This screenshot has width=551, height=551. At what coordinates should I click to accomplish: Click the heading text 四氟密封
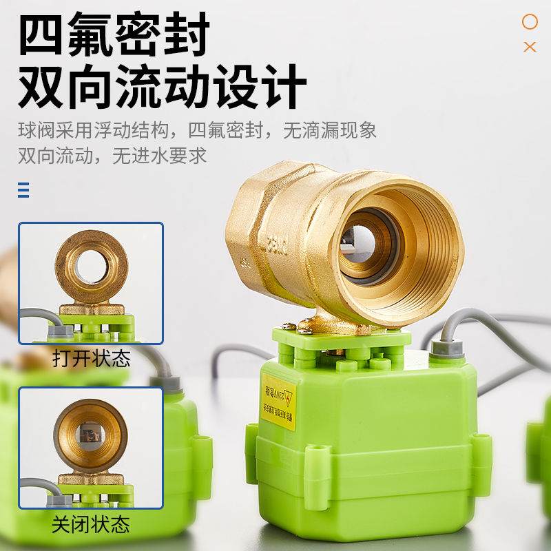point(113,38)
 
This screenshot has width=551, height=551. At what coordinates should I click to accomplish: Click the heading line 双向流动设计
point(163,86)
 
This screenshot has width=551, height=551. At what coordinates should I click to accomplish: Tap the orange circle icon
point(530,22)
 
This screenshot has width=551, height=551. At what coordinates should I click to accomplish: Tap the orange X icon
point(530,47)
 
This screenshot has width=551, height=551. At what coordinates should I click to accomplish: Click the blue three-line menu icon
point(23,189)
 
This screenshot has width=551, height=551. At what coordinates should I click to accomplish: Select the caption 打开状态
point(91,358)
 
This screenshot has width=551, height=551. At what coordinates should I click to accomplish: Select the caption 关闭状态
point(91,526)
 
